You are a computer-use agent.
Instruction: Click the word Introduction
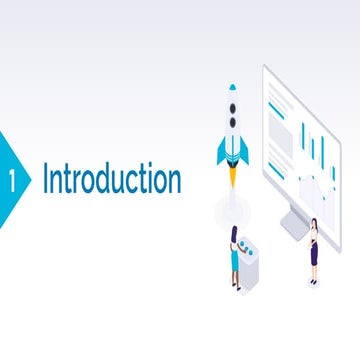tap(111, 181)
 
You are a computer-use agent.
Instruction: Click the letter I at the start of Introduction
tap(46, 181)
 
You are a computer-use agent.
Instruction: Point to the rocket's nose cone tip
tap(233, 88)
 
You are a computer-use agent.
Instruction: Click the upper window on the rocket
tap(233, 107)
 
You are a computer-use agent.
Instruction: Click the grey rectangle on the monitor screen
tap(281, 140)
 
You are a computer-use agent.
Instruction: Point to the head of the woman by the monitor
tap(314, 224)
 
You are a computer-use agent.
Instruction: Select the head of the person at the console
tap(234, 231)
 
